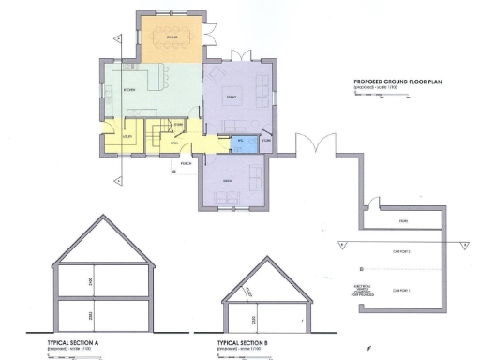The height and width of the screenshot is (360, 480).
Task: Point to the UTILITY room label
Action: pos(125,137)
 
